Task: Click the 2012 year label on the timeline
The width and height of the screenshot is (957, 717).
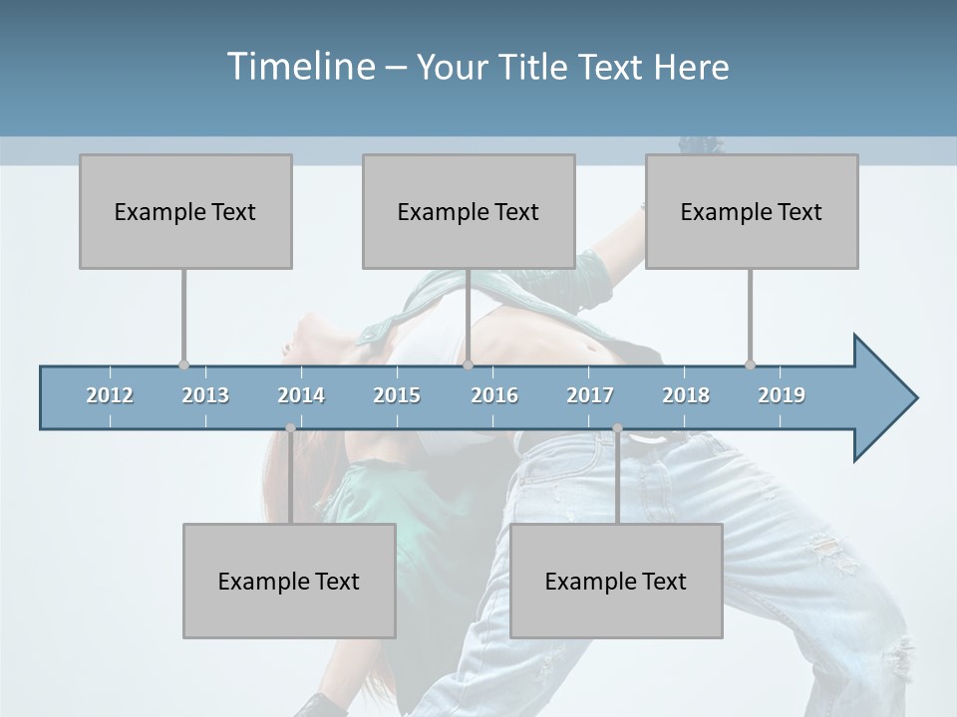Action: point(110,395)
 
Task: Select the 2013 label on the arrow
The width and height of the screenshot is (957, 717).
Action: point(205,395)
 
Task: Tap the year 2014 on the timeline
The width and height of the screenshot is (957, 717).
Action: point(301,395)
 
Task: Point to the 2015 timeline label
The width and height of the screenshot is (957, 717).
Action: point(397,395)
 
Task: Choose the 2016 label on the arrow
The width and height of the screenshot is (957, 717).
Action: point(494,395)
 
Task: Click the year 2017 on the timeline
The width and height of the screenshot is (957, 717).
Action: point(590,395)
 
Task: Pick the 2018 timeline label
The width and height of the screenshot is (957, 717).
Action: point(686,395)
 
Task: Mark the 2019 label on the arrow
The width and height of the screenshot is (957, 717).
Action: point(782,395)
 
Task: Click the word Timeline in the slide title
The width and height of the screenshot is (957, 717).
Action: point(299,67)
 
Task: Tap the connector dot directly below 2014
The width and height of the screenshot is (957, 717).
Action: point(290,428)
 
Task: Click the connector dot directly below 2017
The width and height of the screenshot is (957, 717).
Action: point(617,428)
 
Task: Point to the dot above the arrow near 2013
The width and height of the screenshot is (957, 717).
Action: point(183,364)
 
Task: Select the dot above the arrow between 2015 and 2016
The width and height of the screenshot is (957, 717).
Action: point(468,364)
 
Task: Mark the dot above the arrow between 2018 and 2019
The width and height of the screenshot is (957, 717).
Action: point(750,364)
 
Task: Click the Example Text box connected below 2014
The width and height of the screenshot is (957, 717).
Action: point(289,581)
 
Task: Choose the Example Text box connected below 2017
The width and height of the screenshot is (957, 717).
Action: point(616,581)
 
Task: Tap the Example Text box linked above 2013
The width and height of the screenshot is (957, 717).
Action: point(185,211)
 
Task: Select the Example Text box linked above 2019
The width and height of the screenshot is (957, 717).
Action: point(752,211)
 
